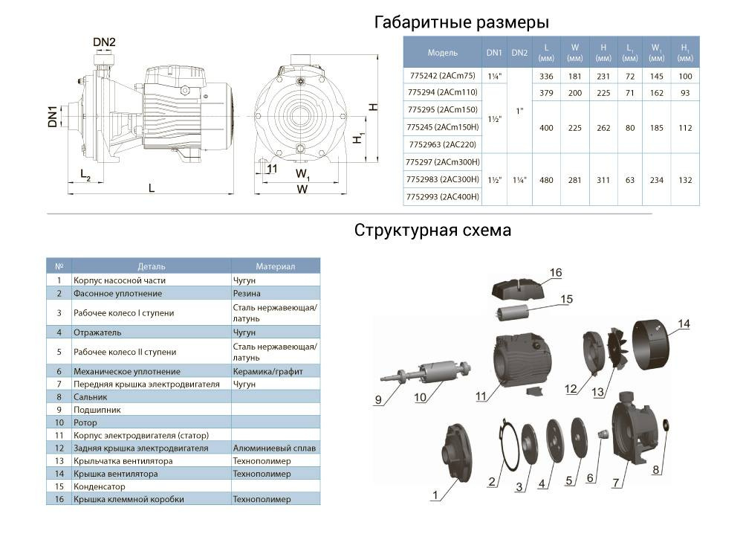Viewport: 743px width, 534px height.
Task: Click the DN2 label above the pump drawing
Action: pyautogui.click(x=104, y=42)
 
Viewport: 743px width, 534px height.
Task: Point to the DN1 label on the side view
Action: pyautogui.click(x=53, y=117)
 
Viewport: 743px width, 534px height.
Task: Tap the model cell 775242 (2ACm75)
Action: pyautogui.click(x=443, y=75)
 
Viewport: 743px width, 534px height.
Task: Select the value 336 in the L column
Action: pyautogui.click(x=546, y=77)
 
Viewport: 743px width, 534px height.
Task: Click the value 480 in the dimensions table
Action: pyautogui.click(x=546, y=180)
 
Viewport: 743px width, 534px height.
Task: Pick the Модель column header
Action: pyautogui.click(x=443, y=53)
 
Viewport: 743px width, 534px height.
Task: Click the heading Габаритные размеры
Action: pyautogui.click(x=461, y=22)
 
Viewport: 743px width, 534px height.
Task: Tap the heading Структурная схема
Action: pyautogui.click(x=432, y=231)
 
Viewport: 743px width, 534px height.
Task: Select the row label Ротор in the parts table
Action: pyautogui.click(x=85, y=422)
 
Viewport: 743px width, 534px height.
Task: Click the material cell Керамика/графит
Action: pyautogui.click(x=267, y=372)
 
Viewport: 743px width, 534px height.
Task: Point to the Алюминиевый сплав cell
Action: pyautogui.click(x=274, y=448)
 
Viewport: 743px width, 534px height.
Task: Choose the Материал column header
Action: pyautogui.click(x=276, y=266)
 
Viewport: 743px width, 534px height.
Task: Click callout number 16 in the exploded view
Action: pyautogui.click(x=556, y=273)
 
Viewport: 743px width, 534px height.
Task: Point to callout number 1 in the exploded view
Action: pyautogui.click(x=435, y=495)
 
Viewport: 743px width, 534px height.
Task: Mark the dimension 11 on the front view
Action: pyautogui.click(x=272, y=169)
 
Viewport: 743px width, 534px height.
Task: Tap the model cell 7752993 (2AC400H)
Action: pyautogui.click(x=443, y=197)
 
